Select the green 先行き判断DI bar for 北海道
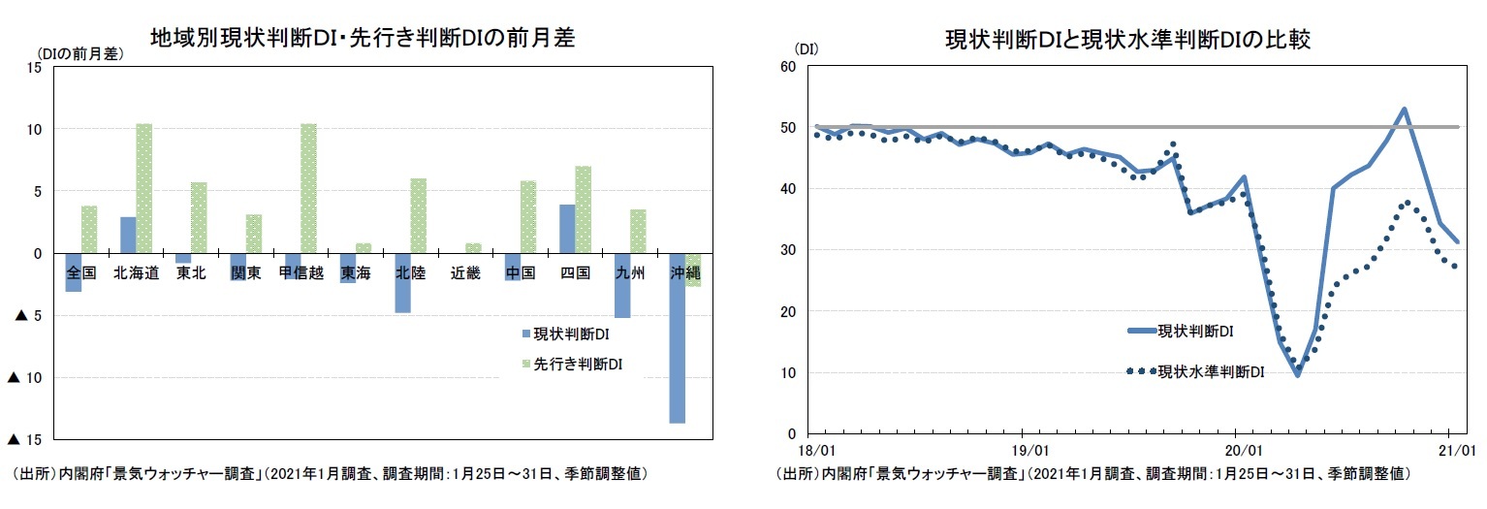click(x=143, y=188)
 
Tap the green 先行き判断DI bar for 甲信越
click(x=308, y=188)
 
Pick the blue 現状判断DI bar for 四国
click(x=567, y=229)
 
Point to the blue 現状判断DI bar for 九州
click(x=622, y=285)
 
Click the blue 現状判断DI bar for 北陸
click(x=402, y=282)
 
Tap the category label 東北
click(x=191, y=273)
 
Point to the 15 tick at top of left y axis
click(x=34, y=67)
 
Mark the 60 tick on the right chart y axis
click(x=786, y=67)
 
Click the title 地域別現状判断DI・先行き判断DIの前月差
click(x=362, y=38)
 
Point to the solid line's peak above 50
click(x=1404, y=109)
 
